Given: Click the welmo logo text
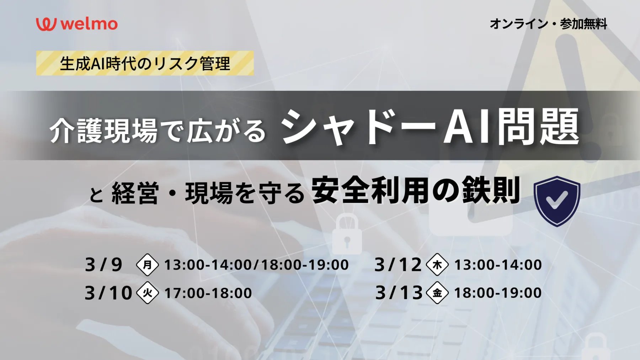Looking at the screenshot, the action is point(89,24).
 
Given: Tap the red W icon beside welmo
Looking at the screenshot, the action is point(46,24).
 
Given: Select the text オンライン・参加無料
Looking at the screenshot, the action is point(548,24).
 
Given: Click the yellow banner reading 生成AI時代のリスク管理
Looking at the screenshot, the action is point(145,63).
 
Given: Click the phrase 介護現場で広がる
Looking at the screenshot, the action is point(158,131).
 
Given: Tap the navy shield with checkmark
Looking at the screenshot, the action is point(557,201).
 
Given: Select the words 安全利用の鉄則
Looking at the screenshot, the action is point(416,191).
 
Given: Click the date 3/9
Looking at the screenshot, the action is point(104,265).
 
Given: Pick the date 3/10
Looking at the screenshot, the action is point(108,293).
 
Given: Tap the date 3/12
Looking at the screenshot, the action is point(398,265).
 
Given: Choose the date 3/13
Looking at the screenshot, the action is point(399,293).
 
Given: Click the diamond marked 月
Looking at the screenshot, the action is point(147,265).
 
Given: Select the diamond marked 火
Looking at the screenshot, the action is point(147,293).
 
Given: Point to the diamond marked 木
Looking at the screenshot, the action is point(437,265).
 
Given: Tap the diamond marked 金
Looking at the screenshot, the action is point(437,293).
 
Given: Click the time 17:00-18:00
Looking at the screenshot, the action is point(208,293).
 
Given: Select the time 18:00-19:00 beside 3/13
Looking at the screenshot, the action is point(498,293).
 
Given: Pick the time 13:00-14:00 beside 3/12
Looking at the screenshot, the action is point(498,265).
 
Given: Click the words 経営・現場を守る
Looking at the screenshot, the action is point(208,194).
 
